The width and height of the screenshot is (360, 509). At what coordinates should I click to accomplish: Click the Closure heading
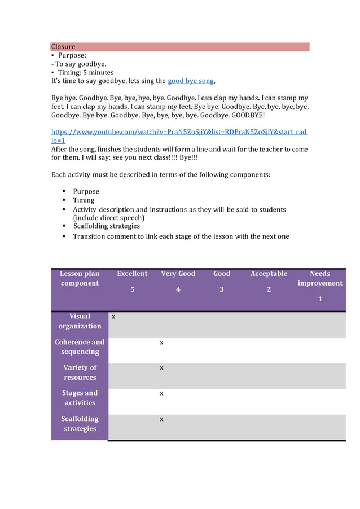point(63,47)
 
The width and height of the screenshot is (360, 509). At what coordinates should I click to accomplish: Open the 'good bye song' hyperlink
point(191,81)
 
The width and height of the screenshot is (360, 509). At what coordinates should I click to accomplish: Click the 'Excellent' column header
point(132,274)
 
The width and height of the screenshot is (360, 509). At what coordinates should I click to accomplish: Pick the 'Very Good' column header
point(178,274)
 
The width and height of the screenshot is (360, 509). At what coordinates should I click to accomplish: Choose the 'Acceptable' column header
point(269,274)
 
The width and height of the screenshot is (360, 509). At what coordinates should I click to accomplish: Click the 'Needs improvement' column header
point(320,278)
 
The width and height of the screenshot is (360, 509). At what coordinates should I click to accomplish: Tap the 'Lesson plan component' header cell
point(80,278)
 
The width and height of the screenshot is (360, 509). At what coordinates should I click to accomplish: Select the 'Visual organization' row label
point(80,321)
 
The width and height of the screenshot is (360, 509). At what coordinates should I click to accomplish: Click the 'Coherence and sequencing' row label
point(80,346)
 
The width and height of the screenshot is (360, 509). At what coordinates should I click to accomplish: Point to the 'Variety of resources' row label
point(80,372)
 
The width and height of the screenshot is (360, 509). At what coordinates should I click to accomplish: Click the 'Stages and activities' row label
point(80,398)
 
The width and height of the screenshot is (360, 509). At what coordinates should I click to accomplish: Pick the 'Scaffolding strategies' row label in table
point(80,424)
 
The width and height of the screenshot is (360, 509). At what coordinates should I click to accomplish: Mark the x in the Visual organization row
point(113,317)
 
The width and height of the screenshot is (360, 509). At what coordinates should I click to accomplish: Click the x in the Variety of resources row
point(161,368)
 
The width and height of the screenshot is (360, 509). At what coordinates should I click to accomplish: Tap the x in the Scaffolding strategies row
point(161,419)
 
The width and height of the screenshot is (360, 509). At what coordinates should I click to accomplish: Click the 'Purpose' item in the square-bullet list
point(86,191)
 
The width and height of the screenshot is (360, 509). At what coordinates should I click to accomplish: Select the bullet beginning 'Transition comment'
point(181,236)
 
